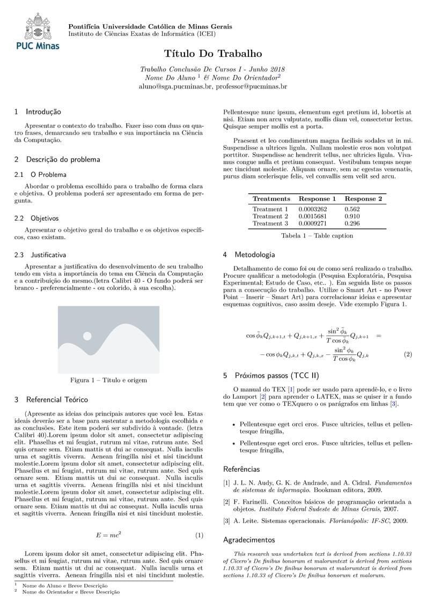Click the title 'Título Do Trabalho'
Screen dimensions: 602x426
(213, 54)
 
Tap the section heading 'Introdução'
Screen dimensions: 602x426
(43, 112)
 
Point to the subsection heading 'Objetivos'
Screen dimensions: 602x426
(45, 219)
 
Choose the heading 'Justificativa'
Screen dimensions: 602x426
(48, 255)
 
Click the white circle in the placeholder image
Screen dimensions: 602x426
(87, 336)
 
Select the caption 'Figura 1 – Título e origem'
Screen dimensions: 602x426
(108, 380)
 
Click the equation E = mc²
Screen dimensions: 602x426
(108, 535)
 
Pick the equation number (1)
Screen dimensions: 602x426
(199, 535)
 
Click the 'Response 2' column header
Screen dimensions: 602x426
(363, 199)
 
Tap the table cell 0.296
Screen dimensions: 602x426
(352, 223)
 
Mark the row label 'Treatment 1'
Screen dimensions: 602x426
(270, 209)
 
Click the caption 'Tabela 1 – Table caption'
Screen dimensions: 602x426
(317, 235)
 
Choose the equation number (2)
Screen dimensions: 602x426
(407, 354)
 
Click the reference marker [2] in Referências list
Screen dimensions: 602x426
(226, 502)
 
